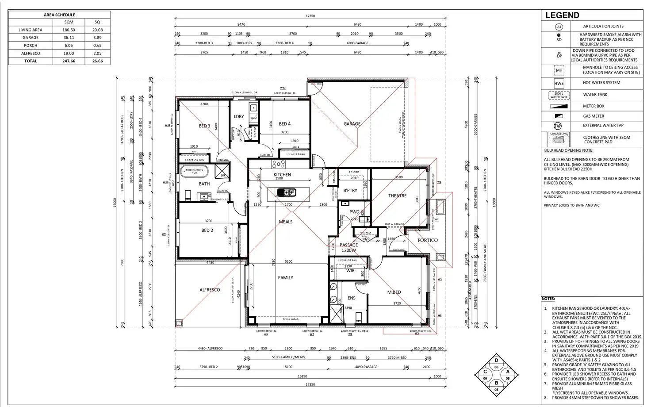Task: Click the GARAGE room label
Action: tap(352, 124)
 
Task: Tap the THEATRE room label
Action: tap(397, 196)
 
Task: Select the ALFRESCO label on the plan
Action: tap(210, 290)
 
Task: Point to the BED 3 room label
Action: tap(204, 126)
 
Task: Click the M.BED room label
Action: tap(394, 292)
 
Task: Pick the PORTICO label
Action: tap(428, 240)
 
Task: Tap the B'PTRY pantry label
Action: tap(350, 191)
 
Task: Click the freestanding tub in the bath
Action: tap(195, 171)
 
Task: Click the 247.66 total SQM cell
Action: tap(69, 61)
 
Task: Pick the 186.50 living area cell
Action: tap(69, 30)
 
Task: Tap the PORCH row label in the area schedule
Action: tap(31, 46)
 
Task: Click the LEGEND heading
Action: tap(562, 15)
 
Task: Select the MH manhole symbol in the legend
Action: tap(559, 70)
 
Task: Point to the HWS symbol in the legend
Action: tap(559, 83)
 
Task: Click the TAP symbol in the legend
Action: tap(558, 126)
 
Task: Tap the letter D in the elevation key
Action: tap(496, 361)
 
